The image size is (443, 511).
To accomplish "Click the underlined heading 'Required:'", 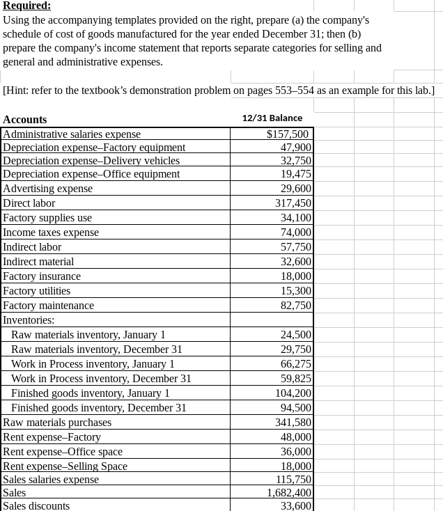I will pos(26,6).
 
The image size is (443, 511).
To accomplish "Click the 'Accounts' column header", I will pos(25,120).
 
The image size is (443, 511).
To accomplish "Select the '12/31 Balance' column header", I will pos(272,118).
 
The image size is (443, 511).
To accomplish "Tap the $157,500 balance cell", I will pos(288,134).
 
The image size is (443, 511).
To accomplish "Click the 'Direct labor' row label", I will pos(29,203).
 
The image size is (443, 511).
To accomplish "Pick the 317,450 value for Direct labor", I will pos(293,203).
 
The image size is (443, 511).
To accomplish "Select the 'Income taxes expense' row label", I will pos(51,233).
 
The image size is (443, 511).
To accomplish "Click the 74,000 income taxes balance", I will pos(296,233).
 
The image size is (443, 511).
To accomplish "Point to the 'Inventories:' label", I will pos(29,320).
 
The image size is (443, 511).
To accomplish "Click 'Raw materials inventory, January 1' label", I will pos(88,335).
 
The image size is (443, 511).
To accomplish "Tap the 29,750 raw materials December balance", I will pos(296,349).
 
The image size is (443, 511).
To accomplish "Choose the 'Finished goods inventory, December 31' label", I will pos(99,408).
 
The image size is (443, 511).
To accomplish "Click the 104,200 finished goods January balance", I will pos(293,393).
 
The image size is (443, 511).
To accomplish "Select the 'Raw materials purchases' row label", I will pos(57,423).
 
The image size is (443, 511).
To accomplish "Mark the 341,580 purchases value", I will pos(293,423).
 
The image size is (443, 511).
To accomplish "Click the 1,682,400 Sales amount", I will pos(289,493).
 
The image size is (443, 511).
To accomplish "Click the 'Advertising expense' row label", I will pos(48,189).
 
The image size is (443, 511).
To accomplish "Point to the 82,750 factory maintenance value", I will pos(296,306).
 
